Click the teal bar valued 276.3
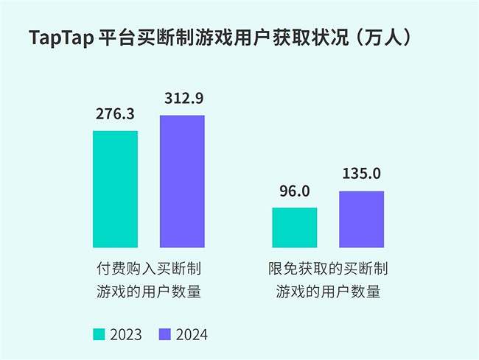coord(115,189)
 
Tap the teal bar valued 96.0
coord(295,227)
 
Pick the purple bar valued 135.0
coord(362,219)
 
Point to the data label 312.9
coord(182,98)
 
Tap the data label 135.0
coord(362,174)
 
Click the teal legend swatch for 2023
coord(99,334)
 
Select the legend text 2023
coord(126,334)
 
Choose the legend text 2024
coord(192,334)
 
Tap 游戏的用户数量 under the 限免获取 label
coord(328,292)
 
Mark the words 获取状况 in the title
coord(310,38)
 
